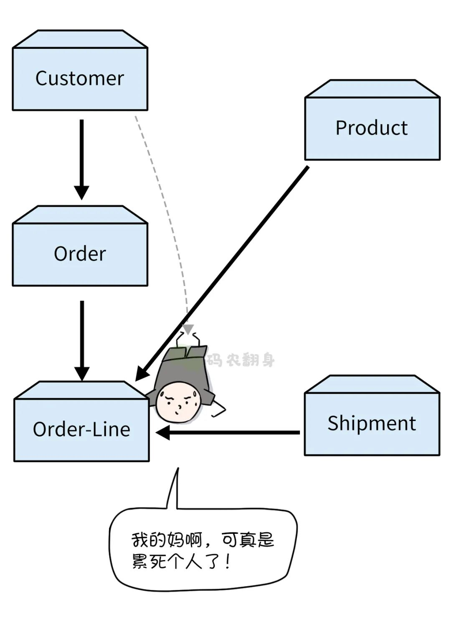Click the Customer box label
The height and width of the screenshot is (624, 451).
coord(79,78)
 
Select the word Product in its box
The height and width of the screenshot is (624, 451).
coord(371,128)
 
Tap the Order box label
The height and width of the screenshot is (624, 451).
coord(80,254)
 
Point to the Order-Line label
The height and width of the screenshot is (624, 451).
coord(81,429)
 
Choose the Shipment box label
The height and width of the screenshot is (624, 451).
coord(371,423)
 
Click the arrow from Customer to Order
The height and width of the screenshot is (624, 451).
coord(81,155)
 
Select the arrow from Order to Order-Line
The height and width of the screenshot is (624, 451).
coord(82,334)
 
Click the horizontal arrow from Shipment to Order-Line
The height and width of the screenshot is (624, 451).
coord(234,433)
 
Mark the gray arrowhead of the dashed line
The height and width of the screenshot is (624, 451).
coord(188,328)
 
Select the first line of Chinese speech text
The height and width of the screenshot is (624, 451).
coord(203,540)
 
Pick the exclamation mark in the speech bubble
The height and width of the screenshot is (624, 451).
coord(227,561)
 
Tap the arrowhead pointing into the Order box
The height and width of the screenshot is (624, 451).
coord(81,192)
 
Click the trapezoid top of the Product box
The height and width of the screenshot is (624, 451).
coord(372,89)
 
